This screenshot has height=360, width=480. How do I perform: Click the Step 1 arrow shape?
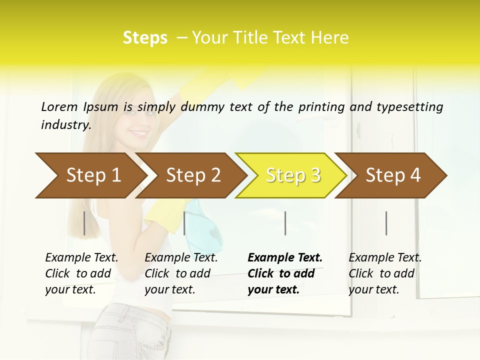point(90,175)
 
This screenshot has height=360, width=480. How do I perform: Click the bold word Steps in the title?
point(145,38)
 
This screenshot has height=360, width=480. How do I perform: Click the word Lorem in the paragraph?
point(59,106)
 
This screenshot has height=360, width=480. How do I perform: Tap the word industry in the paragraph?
point(65,125)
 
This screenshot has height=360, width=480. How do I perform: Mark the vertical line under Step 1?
point(84,223)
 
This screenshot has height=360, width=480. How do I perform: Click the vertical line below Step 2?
point(184,223)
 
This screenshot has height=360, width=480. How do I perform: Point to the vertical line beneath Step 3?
point(285,223)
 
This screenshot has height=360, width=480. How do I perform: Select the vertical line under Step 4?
point(386,223)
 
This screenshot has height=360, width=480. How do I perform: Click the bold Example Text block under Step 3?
point(284,273)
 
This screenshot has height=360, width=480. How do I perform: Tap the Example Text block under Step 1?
point(81,273)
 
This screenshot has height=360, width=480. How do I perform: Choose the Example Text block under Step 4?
point(384,273)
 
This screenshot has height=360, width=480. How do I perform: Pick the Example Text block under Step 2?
point(181,273)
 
